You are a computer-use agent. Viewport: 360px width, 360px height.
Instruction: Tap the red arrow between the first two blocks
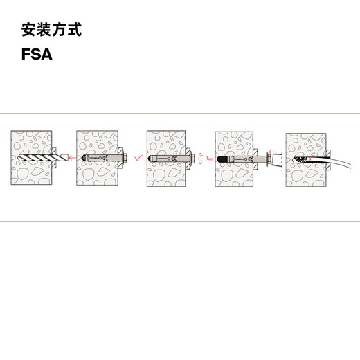pos(69,158)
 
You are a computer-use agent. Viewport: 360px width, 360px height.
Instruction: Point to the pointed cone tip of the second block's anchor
pos(84,158)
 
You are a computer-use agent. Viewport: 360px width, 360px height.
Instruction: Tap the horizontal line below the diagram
pos(180,222)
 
